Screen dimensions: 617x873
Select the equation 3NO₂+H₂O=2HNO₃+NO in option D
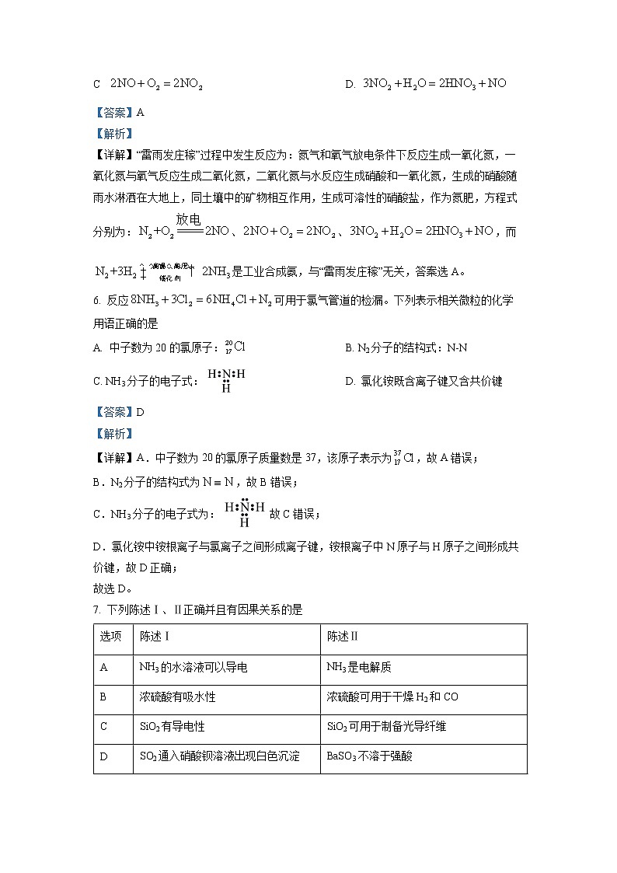click(434, 83)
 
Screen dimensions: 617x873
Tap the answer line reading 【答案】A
click(118, 112)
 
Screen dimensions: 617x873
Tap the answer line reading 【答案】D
click(119, 412)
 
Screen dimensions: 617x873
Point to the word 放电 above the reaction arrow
click(188, 219)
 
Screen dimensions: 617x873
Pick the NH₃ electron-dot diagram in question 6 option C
click(226, 380)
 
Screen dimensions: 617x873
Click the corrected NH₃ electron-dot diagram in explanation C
click(245, 512)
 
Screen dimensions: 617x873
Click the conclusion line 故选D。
click(113, 588)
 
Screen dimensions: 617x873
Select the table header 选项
click(110, 637)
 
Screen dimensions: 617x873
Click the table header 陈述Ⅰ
click(155, 637)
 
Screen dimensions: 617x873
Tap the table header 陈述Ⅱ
click(343, 637)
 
